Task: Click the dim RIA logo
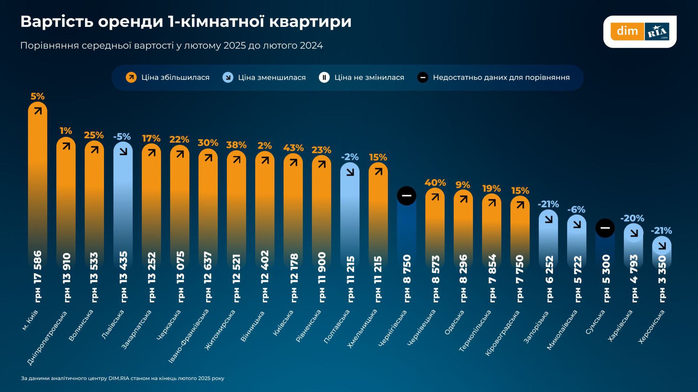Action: pyautogui.click(x=640, y=31)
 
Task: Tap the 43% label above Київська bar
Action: pyautogui.click(x=293, y=148)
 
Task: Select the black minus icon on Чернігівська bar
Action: pyautogui.click(x=407, y=195)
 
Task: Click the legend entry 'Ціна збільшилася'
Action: pyautogui.click(x=168, y=77)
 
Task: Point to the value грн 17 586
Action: pyautogui.click(x=38, y=276)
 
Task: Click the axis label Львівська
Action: pyautogui.click(x=113, y=324)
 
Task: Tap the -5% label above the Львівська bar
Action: pyautogui.click(x=122, y=136)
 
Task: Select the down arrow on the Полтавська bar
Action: pyautogui.click(x=350, y=172)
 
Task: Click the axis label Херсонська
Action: pyautogui.click(x=651, y=327)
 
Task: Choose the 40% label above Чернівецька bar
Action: pyautogui.click(x=435, y=183)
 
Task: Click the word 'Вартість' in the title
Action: pyautogui.click(x=57, y=22)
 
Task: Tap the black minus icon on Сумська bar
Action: pyautogui.click(x=605, y=228)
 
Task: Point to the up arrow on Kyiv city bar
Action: pyautogui.click(x=38, y=111)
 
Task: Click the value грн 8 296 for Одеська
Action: pyautogui.click(x=463, y=278)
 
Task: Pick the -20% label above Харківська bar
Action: pyautogui.click(x=632, y=218)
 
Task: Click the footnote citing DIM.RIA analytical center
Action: pyautogui.click(x=122, y=378)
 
